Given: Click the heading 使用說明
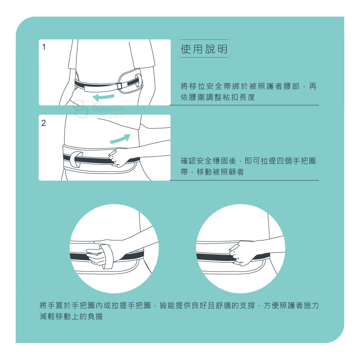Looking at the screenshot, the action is tap(204, 49).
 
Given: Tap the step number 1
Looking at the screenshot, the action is tap(44, 47).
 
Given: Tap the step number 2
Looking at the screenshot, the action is tap(44, 123).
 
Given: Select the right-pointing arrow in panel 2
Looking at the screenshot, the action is tap(120, 138).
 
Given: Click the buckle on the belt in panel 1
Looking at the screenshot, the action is tap(119, 86).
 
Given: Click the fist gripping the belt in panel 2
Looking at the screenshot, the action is tap(119, 157).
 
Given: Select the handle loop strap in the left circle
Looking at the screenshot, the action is tap(107, 257).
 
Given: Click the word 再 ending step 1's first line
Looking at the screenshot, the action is tap(313, 86).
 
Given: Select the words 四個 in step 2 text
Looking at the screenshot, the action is tap(285, 161).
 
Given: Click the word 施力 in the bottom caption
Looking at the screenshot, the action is tap(311, 306).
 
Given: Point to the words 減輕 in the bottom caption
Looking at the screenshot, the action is tap(47, 317).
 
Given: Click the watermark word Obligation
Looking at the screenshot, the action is tap(108, 109).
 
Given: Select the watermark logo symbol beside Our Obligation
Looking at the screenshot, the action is tap(80, 108).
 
